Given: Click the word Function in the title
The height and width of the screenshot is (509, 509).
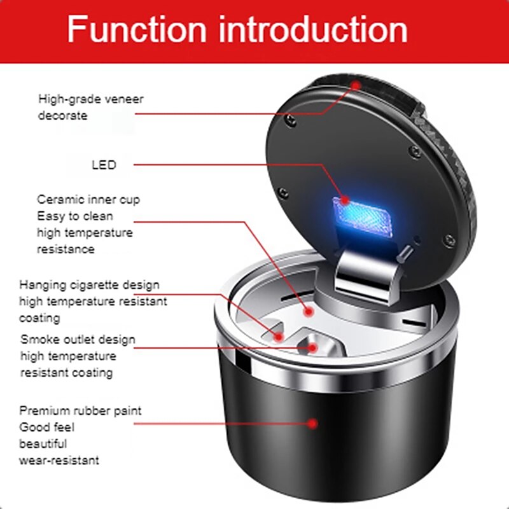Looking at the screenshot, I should point(137,30).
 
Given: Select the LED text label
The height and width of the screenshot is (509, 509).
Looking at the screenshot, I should point(104,165).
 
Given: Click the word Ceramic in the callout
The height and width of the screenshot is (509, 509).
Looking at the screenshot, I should point(59,199).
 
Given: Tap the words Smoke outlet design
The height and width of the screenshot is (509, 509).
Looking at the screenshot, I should point(78,339).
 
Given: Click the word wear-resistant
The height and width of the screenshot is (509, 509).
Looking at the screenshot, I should point(59,460).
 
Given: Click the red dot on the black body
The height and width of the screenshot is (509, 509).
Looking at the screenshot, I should point(312,422).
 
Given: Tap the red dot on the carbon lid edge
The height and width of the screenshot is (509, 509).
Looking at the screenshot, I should point(356,85).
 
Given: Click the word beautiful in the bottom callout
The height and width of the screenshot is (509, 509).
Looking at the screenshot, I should point(43,443).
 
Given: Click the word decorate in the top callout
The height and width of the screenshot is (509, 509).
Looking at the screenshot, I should point(62,116).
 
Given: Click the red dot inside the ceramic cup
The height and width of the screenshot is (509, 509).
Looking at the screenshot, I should point(309,312).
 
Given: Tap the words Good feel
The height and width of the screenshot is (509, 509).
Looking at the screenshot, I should point(46,427).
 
